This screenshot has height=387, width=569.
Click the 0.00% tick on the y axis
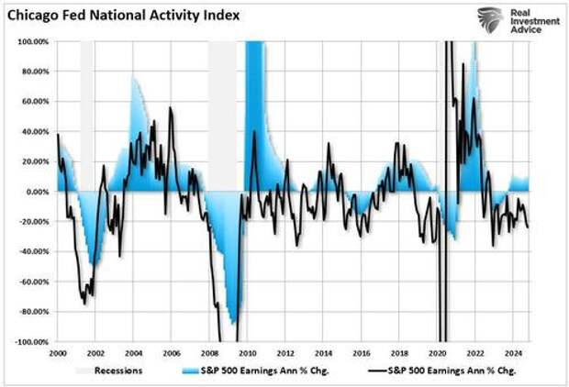coord(36,192)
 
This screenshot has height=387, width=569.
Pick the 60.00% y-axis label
coord(32,102)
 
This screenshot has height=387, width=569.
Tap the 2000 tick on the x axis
coord(58,352)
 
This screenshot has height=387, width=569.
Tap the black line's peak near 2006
coord(170,108)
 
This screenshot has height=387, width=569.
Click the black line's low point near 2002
coord(84,304)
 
